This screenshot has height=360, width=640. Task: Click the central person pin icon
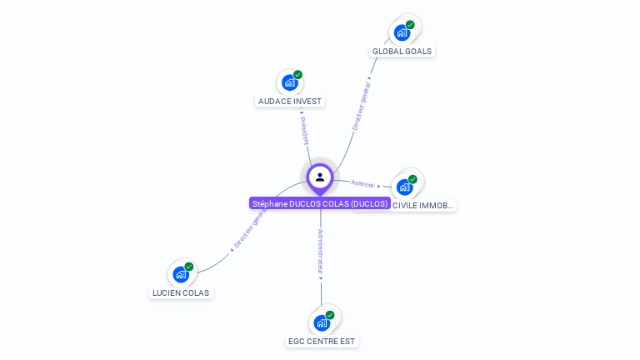pyautogui.click(x=320, y=177)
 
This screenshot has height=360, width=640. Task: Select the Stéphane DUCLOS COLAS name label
pyautogui.click(x=320, y=203)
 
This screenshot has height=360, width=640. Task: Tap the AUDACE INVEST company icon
pyautogui.click(x=289, y=82)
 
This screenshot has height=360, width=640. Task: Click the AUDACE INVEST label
pyautogui.click(x=290, y=102)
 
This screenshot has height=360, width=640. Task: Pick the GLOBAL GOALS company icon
pyautogui.click(x=402, y=33)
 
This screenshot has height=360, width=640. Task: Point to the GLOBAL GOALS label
pyautogui.click(x=402, y=52)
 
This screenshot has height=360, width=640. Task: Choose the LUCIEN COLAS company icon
pyautogui.click(x=181, y=274)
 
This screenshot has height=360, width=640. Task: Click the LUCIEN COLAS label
pyautogui.click(x=181, y=293)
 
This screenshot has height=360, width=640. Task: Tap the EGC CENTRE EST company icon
pyautogui.click(x=322, y=322)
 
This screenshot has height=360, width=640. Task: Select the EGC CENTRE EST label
pyautogui.click(x=322, y=342)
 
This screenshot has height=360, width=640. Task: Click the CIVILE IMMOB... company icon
pyautogui.click(x=405, y=187)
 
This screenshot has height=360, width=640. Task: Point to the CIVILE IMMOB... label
pyautogui.click(x=423, y=205)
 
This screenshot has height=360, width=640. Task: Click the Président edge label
pyautogui.click(x=304, y=129)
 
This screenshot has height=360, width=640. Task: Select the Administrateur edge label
pyautogui.click(x=321, y=251)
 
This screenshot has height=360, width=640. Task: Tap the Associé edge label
pyautogui.click(x=362, y=183)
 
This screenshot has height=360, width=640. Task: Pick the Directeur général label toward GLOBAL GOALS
pyautogui.click(x=361, y=106)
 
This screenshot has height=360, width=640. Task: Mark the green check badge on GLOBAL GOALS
pyautogui.click(x=410, y=25)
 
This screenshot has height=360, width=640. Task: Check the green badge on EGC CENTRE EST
pyautogui.click(x=330, y=315)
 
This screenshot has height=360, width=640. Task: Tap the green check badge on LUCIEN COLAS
pyautogui.click(x=189, y=267)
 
